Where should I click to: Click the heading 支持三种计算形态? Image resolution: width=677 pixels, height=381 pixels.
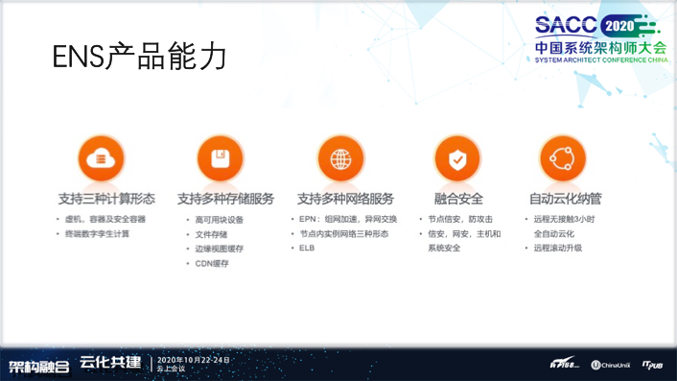105,199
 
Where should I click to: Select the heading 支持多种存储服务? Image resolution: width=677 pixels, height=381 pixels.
225,199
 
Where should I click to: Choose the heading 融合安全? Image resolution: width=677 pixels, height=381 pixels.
458,199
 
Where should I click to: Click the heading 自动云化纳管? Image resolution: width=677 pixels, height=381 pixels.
566,199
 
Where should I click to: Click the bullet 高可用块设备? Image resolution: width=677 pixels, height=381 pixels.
219,220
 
